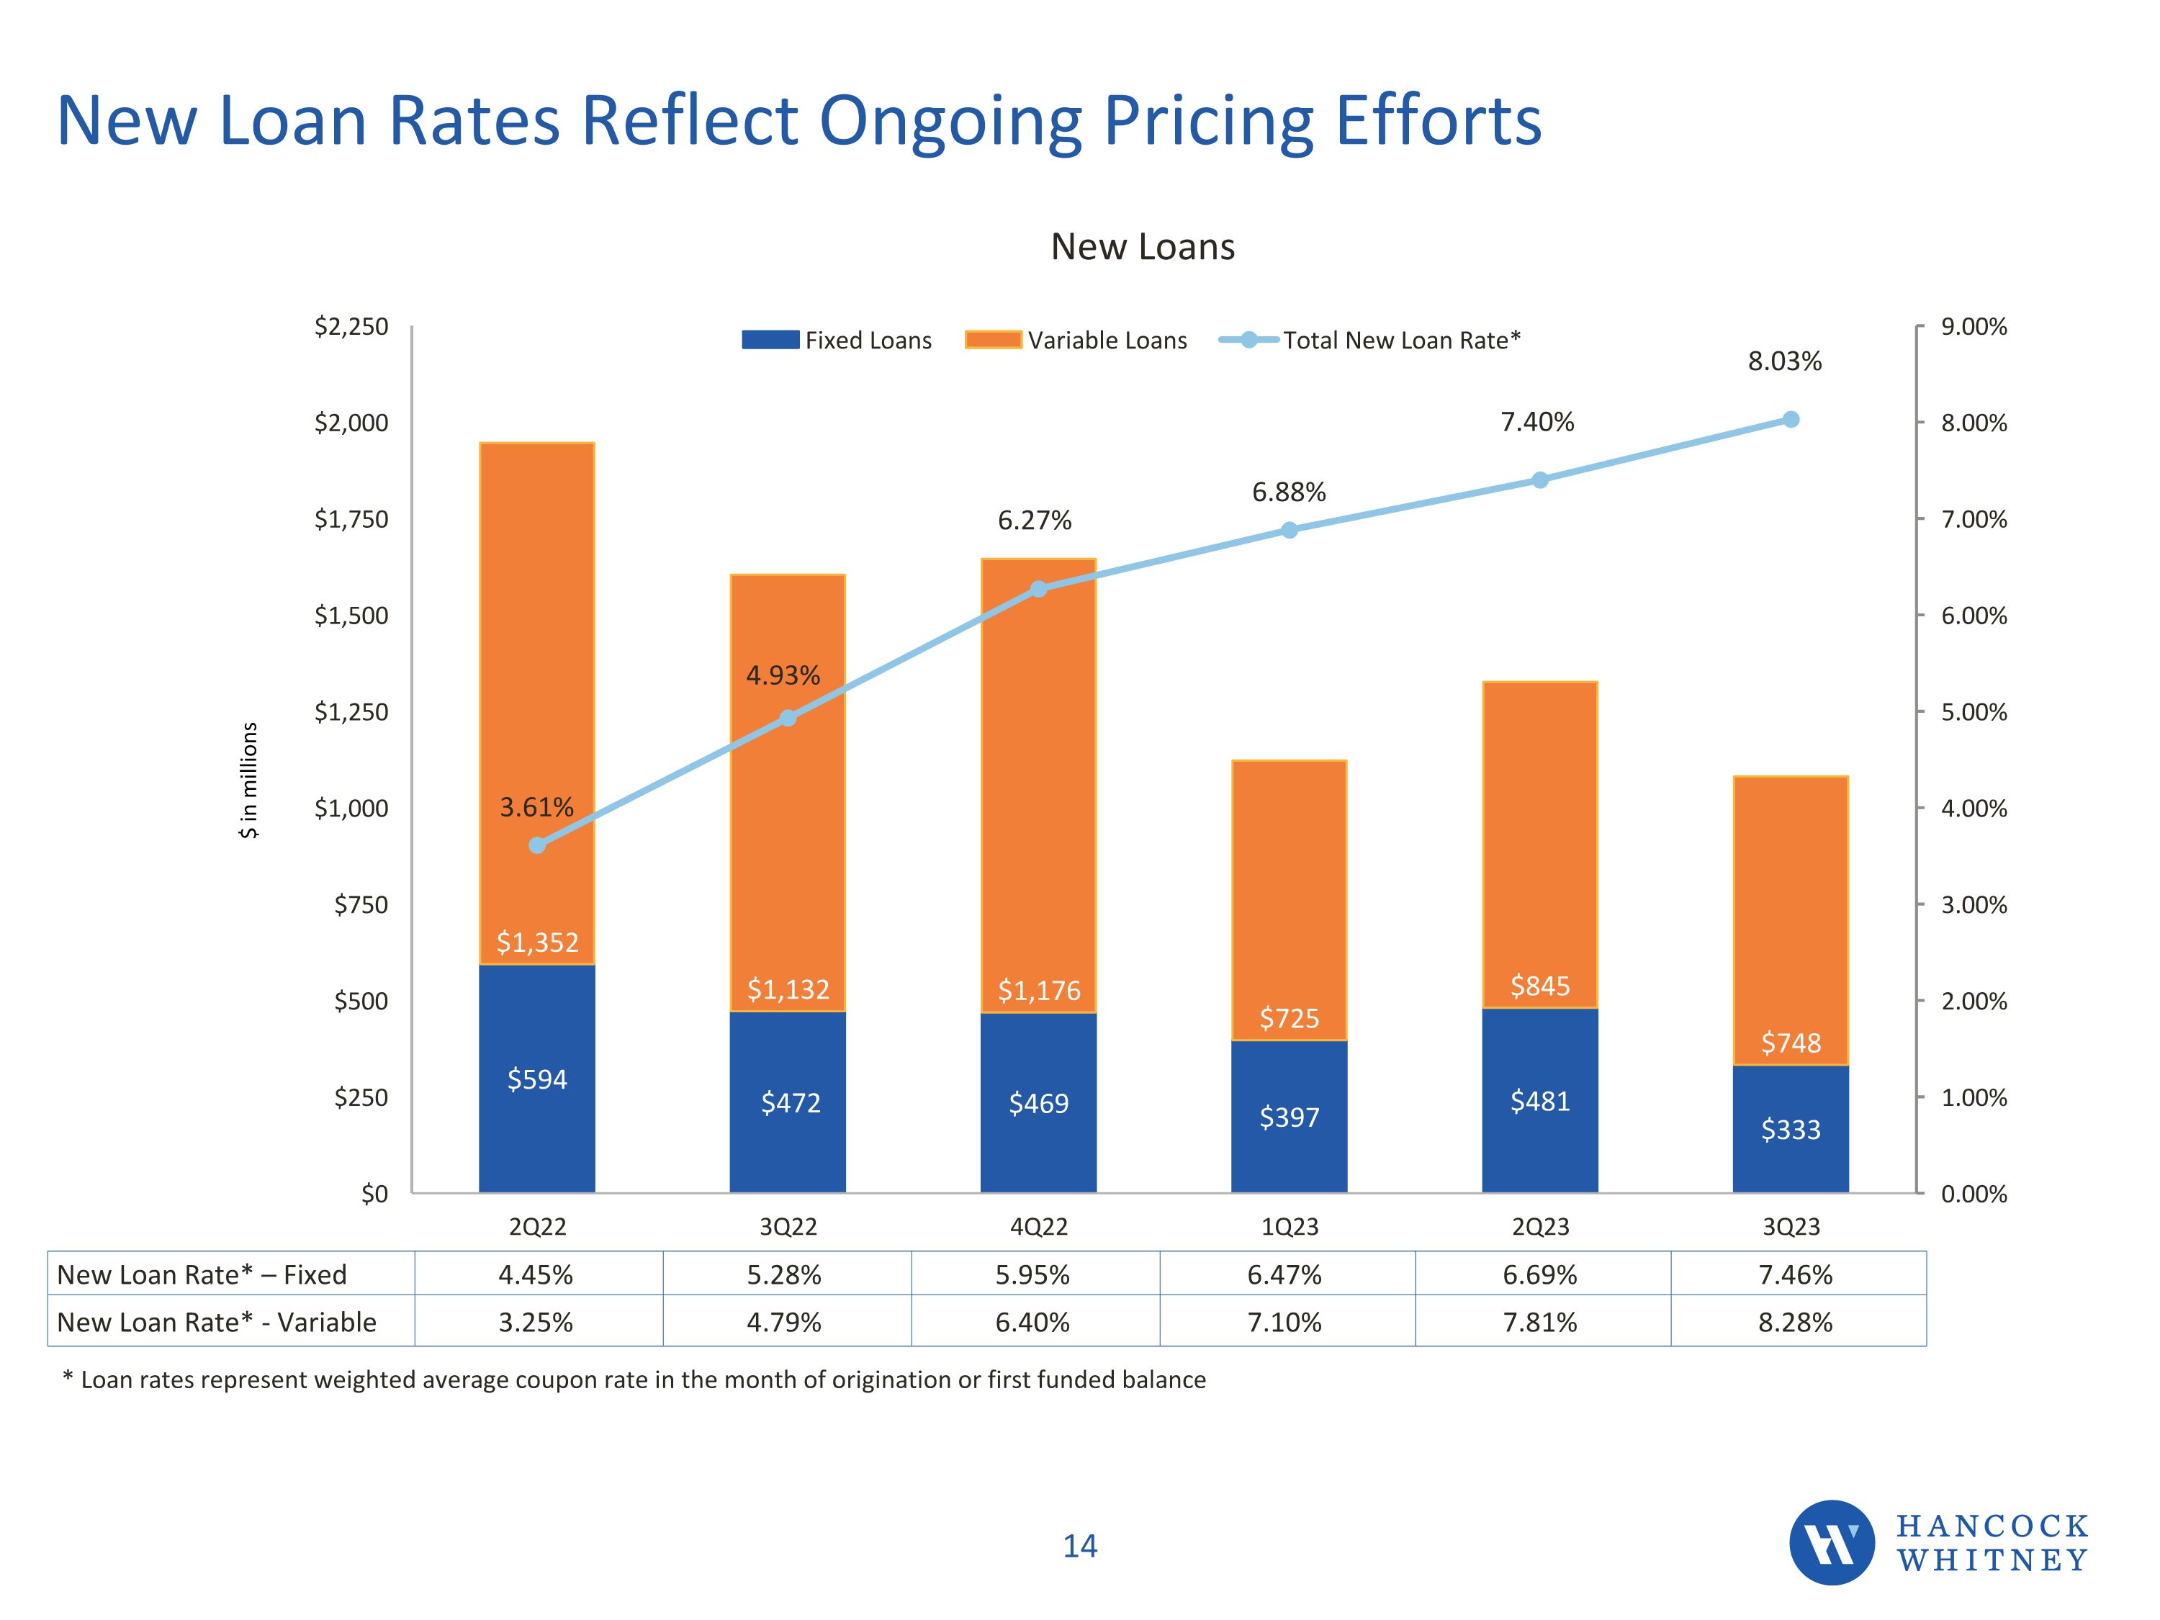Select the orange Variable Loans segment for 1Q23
click(1288, 899)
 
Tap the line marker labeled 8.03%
click(1790, 420)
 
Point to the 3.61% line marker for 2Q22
click(537, 845)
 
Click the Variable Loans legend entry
click(1076, 340)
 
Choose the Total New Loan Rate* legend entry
click(1370, 340)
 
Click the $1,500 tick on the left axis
click(351, 615)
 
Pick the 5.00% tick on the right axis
click(1974, 712)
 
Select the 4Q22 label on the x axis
click(1038, 1226)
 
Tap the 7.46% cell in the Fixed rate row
click(1795, 1274)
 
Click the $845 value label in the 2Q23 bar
click(1540, 985)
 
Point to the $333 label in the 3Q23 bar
click(1790, 1129)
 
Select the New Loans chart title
click(1143, 247)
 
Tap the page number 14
click(1079, 1546)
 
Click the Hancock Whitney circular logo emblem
click(1831, 1543)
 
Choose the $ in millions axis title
click(250, 779)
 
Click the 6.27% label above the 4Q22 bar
click(1034, 521)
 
